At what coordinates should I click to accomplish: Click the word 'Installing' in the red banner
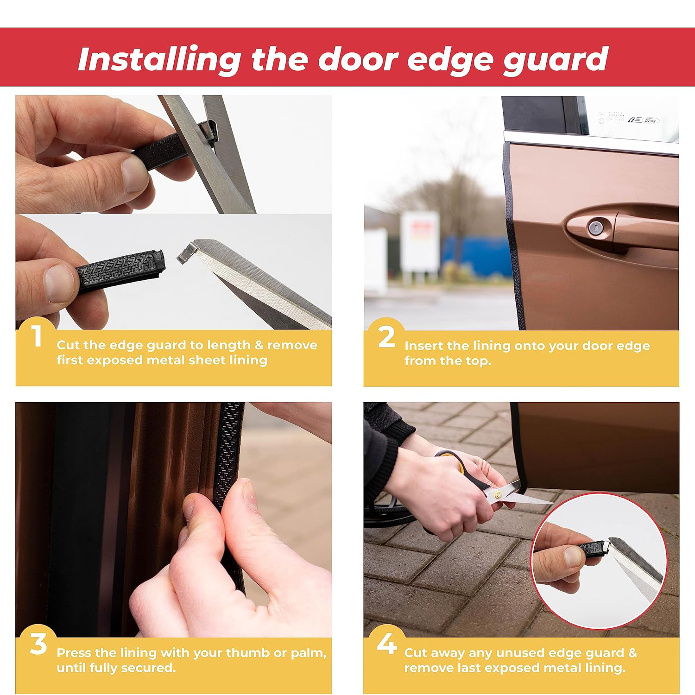(159, 60)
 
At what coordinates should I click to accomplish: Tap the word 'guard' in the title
(556, 61)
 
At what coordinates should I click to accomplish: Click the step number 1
(37, 336)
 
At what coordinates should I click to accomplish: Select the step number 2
(386, 336)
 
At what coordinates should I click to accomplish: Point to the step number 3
(38, 644)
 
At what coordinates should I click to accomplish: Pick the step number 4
(387, 644)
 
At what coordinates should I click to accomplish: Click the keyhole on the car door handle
(594, 227)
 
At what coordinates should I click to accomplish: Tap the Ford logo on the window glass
(651, 120)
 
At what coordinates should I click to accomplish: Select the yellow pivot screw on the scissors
(499, 495)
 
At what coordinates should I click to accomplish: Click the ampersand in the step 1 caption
(259, 345)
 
